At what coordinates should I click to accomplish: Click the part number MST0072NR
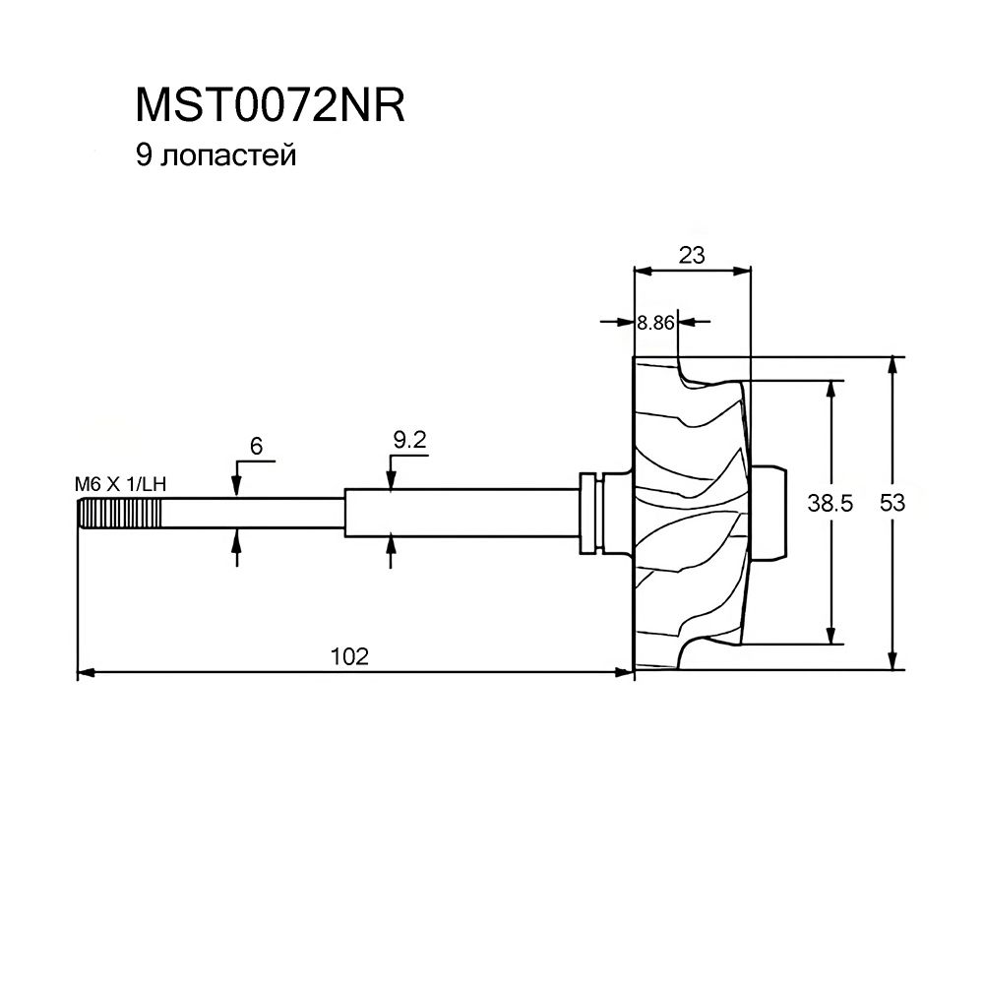point(270,105)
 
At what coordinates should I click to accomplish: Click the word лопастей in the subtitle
point(228,155)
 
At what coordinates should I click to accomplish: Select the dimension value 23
point(692,256)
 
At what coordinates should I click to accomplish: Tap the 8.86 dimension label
point(655,323)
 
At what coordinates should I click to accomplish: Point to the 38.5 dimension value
point(830,503)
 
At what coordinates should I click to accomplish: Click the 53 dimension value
point(892,503)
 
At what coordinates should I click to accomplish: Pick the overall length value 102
point(349,656)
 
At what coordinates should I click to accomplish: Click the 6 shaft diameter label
point(256,446)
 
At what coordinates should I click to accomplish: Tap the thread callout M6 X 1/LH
point(120,484)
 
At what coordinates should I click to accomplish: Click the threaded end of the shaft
point(119,514)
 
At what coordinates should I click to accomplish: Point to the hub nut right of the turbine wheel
point(769,512)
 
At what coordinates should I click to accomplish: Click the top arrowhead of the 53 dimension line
point(892,365)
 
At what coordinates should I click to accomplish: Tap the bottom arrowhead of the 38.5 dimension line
point(830,635)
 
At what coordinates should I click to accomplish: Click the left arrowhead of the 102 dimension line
point(86,673)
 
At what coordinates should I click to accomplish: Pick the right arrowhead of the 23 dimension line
point(742,272)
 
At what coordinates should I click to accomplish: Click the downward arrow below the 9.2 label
point(391,481)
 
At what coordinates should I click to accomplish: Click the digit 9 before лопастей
point(144,155)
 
